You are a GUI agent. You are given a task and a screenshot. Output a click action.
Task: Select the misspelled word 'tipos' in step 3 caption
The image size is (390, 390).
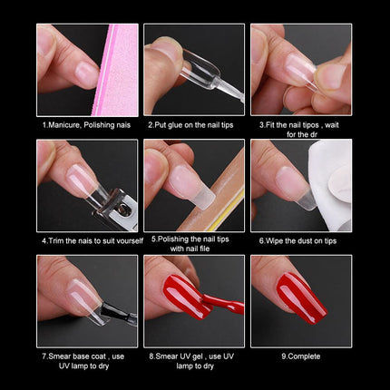pyautogui.click(x=314, y=122)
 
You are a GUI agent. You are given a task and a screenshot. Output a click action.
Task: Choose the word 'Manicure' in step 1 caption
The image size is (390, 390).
pyautogui.click(x=68, y=122)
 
